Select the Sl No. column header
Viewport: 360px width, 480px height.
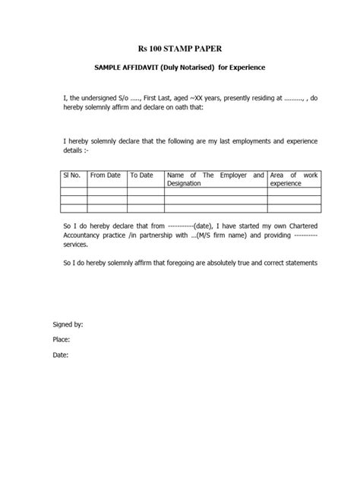(x=72, y=175)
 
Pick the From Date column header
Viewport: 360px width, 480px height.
(x=106, y=175)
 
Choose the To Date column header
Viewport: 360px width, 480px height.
(x=142, y=175)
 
